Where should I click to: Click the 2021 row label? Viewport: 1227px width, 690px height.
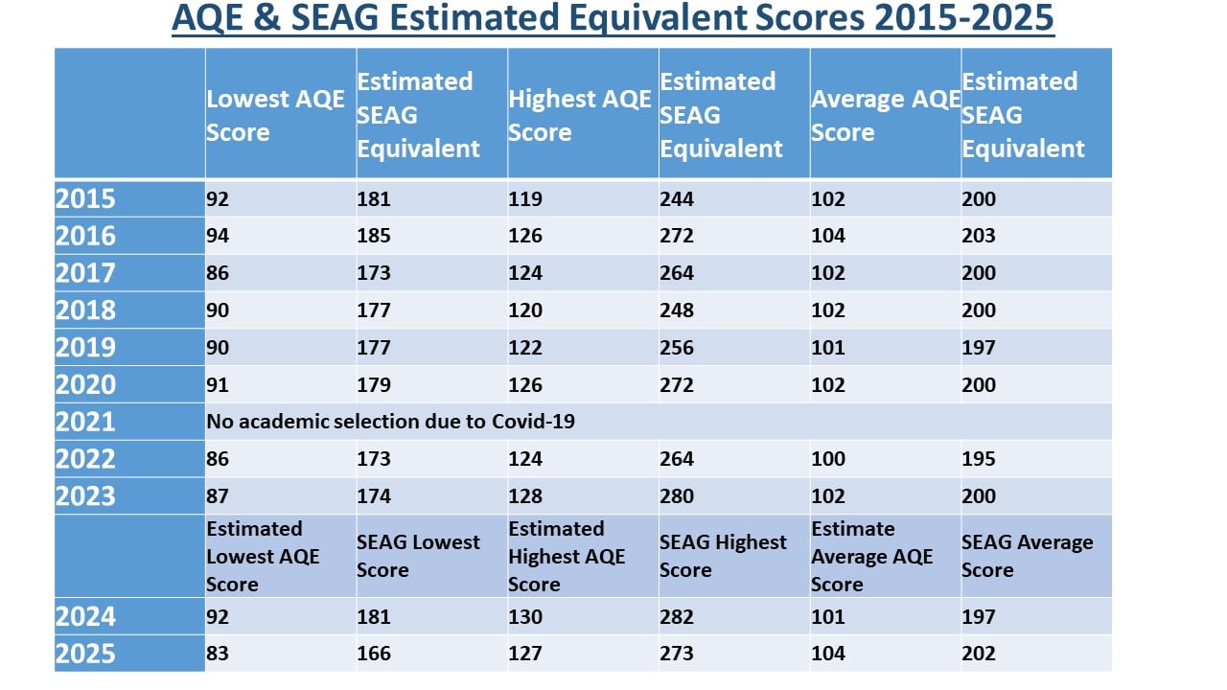point(85,422)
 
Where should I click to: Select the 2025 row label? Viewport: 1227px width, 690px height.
point(85,654)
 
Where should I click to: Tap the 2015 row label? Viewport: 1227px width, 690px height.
point(85,198)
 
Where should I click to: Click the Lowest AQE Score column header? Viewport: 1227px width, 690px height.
point(275,115)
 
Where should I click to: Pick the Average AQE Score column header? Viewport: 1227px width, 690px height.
point(886,115)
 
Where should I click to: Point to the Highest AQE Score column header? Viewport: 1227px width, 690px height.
point(580,115)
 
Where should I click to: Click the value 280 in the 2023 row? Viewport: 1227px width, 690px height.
point(677,496)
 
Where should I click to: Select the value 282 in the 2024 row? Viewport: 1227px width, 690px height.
point(677,616)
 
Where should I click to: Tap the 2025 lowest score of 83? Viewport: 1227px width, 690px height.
point(218,654)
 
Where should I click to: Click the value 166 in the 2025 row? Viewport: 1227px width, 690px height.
point(374,654)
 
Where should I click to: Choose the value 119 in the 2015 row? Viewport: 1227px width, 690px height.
point(524,198)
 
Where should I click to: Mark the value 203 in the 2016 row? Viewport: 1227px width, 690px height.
point(979,236)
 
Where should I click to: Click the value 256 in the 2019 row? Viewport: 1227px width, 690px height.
point(677,348)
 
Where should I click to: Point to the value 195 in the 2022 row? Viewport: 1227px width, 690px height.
point(979,459)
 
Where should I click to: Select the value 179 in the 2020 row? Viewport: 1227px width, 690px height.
point(374,385)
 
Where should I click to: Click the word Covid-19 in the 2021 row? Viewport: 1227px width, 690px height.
point(533,422)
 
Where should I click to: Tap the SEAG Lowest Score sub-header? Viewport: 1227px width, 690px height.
point(418,556)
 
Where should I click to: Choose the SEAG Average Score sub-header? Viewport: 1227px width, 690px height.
point(1027,556)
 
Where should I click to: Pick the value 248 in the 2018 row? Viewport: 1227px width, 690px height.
point(677,310)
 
